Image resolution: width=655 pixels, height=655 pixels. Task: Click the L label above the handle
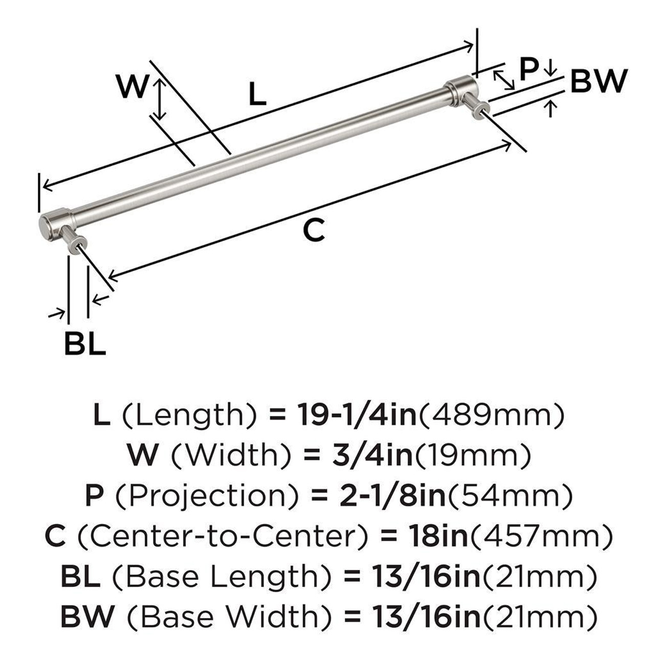click(258, 95)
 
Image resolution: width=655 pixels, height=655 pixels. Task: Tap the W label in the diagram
click(132, 86)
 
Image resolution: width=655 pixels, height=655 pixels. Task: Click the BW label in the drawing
click(598, 81)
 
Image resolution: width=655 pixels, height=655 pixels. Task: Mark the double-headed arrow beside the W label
click(161, 98)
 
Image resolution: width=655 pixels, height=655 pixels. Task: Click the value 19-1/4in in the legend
click(357, 414)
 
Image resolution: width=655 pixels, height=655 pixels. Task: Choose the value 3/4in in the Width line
click(373, 455)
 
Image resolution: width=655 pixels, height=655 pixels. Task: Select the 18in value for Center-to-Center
click(439, 535)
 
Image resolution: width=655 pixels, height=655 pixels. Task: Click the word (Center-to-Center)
click(222, 535)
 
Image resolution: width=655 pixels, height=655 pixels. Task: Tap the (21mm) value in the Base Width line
click(539, 616)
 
